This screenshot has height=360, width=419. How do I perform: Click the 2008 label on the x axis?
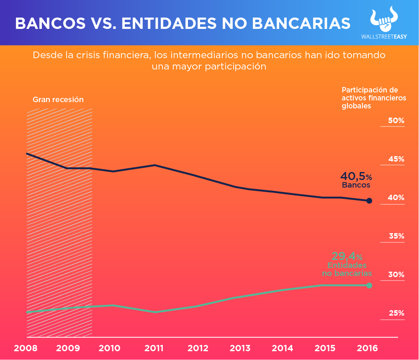click(26, 348)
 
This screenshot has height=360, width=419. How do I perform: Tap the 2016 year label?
click(368, 348)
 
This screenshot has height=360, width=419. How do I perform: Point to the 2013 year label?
click(240, 348)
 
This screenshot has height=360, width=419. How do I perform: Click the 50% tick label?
click(396, 121)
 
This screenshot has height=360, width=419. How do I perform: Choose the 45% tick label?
click(396, 159)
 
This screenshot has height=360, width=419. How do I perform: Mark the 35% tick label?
click(396, 236)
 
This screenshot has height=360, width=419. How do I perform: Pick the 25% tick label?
click(396, 313)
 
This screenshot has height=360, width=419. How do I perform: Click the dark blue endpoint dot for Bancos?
click(369, 201)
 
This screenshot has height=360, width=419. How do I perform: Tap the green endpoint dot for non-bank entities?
click(369, 285)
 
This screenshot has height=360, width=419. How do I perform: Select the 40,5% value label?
click(356, 176)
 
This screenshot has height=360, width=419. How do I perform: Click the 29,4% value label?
click(347, 256)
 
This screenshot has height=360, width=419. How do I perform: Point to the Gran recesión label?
click(58, 100)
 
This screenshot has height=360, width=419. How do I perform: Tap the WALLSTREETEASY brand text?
click(383, 36)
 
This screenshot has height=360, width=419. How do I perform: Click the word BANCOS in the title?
click(46, 23)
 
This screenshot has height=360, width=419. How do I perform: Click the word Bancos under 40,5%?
click(356, 185)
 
